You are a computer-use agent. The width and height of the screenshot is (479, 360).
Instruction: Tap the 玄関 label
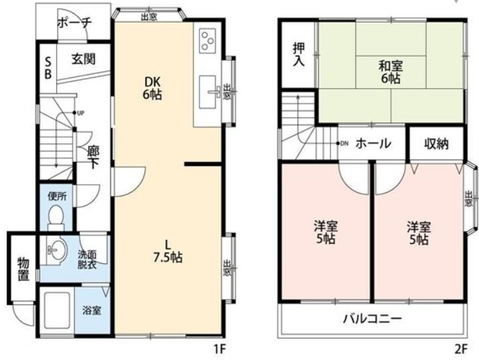83,58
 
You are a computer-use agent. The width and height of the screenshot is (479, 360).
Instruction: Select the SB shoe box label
48,68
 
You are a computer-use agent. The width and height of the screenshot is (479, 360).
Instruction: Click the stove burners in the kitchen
207,40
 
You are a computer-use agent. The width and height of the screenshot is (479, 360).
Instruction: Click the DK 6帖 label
152,88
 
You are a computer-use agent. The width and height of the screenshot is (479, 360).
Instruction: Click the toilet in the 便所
56,216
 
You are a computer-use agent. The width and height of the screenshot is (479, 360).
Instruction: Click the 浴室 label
91,310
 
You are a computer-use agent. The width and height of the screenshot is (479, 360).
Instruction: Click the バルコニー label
373,318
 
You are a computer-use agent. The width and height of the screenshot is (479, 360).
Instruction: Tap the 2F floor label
460,349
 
